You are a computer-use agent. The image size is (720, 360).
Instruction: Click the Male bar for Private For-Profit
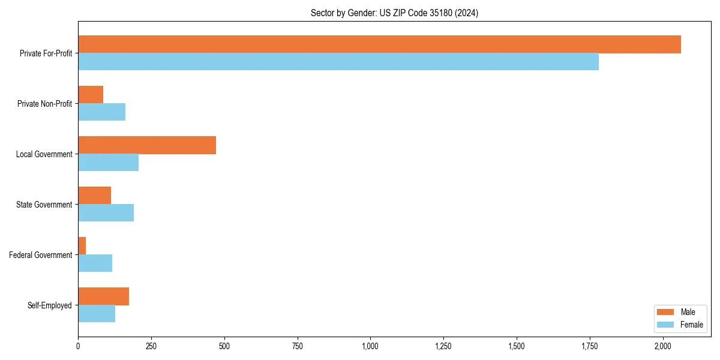click(379, 44)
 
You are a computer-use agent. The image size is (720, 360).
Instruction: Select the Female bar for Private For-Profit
click(338, 62)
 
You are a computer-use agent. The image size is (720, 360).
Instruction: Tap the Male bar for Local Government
click(147, 145)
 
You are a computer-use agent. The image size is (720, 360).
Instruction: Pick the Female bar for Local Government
click(108, 163)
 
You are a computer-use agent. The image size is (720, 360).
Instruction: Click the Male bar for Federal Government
click(82, 246)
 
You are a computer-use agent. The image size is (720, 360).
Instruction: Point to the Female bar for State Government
click(106, 213)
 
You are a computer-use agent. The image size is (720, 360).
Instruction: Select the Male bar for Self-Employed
click(103, 296)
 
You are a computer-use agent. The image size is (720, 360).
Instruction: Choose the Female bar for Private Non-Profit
click(101, 112)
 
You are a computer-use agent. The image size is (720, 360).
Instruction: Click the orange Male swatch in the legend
click(666, 312)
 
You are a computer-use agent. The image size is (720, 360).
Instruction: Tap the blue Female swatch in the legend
click(666, 325)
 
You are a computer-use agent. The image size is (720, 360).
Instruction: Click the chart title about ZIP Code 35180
click(394, 13)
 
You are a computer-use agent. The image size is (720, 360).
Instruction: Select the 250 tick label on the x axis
click(151, 346)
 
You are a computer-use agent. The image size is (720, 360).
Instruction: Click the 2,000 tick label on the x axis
click(662, 346)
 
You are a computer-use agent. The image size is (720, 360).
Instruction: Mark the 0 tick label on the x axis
click(78, 346)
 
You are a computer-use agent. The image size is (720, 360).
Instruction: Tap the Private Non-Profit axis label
click(44, 104)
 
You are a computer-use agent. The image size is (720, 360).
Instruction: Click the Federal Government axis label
click(41, 255)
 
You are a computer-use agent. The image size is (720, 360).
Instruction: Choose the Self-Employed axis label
click(50, 305)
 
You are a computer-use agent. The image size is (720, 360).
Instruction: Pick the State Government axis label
click(44, 205)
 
